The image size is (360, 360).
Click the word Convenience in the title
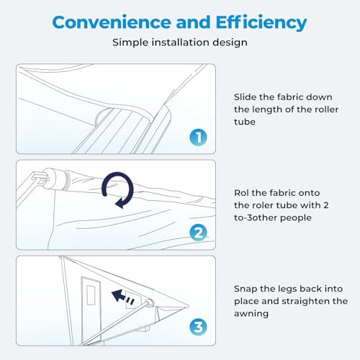(x=112, y=22)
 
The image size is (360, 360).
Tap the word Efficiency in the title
(x=261, y=23)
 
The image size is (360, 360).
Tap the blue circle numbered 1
(x=198, y=138)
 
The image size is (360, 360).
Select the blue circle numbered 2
(x=198, y=233)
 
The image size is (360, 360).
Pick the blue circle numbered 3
(x=198, y=327)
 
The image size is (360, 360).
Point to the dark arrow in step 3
(x=122, y=297)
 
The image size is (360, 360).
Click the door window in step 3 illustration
(x=91, y=295)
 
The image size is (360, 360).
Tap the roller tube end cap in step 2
(x=54, y=179)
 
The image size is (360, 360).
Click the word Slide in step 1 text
(x=245, y=97)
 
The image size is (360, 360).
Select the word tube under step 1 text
(x=245, y=122)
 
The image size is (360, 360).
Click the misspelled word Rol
(x=241, y=193)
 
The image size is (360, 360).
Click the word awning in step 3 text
(x=251, y=314)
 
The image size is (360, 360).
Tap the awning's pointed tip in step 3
(x=189, y=306)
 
